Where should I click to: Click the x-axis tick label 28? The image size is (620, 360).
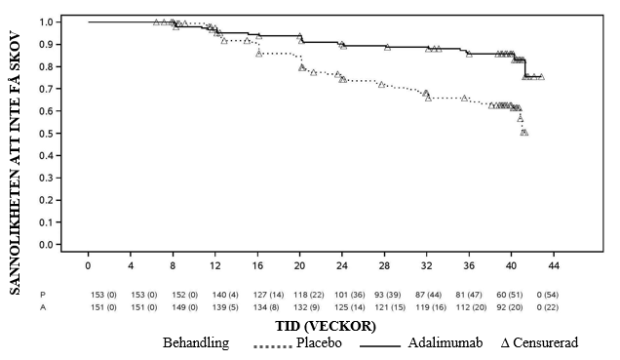[x=384, y=265]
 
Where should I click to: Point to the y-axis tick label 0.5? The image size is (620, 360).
[x=48, y=134]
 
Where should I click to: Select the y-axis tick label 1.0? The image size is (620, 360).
[x=48, y=21]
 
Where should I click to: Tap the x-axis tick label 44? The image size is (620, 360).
[x=554, y=265]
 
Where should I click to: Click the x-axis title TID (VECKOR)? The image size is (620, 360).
[x=326, y=326]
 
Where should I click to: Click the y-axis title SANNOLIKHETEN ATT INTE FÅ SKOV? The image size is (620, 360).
[x=15, y=163]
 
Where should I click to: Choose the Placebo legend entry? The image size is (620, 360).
[x=297, y=342]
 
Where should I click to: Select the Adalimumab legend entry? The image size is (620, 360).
[x=421, y=342]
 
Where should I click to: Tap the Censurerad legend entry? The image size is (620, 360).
[x=540, y=342]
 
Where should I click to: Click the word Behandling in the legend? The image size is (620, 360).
[x=196, y=342]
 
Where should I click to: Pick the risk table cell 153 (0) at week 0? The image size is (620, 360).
[x=103, y=295]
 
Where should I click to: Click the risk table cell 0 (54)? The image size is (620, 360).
[x=548, y=295]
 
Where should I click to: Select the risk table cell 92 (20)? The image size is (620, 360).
[x=509, y=307]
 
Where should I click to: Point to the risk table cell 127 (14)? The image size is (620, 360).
[x=268, y=295]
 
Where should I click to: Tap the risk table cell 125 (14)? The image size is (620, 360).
[x=350, y=307]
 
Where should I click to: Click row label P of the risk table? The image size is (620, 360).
[x=43, y=295]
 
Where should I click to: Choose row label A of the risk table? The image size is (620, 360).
[x=43, y=307]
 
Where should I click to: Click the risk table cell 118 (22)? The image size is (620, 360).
[x=309, y=295]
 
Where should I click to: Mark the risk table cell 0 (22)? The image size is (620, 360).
[x=548, y=307]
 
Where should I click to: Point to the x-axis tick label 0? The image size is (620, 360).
[x=88, y=265]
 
